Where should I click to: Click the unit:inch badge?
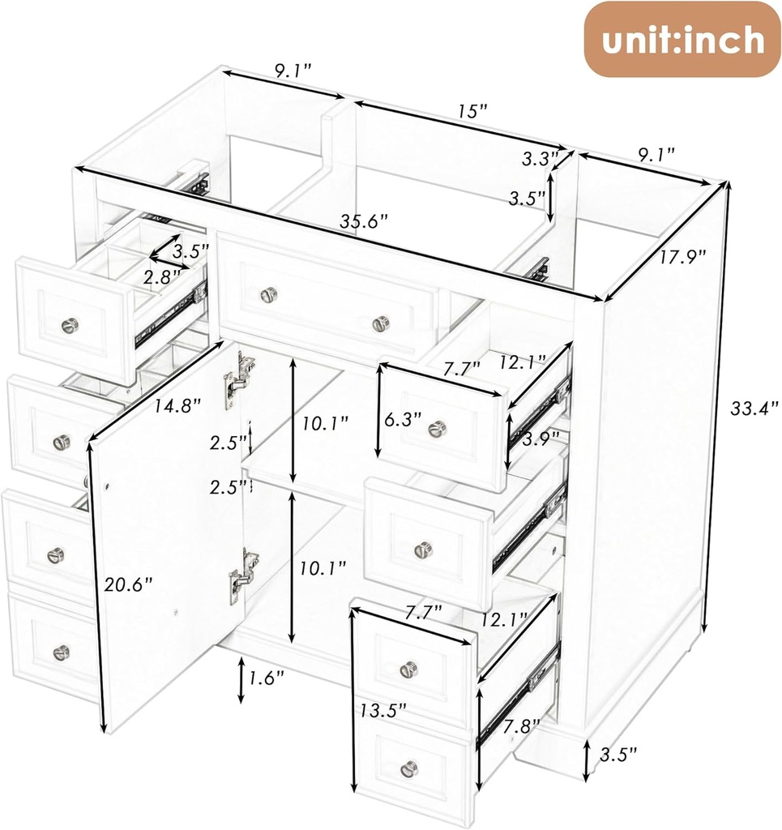coord(682,40)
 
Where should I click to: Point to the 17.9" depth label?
coord(682,256)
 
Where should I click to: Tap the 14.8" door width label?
coord(178,406)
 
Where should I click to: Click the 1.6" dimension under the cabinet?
coord(266,678)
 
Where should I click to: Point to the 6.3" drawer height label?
coord(403,419)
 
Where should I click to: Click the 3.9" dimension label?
coord(537,439)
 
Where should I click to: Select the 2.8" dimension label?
coord(161,276)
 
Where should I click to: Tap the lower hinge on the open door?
coord(241,577)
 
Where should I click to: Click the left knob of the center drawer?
coord(269,294)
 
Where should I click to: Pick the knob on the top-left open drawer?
coord(70,325)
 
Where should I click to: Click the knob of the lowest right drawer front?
coord(409,768)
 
